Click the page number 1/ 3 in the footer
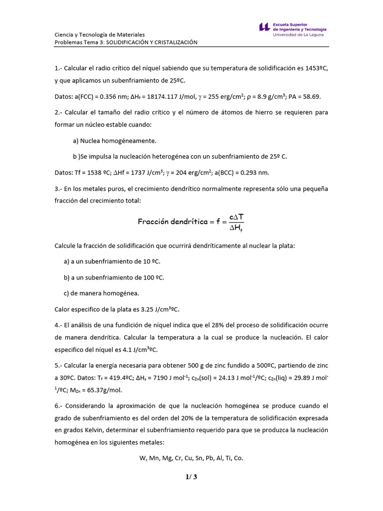coord(191,477)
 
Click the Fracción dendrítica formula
coord(191,222)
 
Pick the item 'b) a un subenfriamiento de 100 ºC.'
coord(114,277)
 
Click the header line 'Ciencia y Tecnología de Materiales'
coord(100,34)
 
